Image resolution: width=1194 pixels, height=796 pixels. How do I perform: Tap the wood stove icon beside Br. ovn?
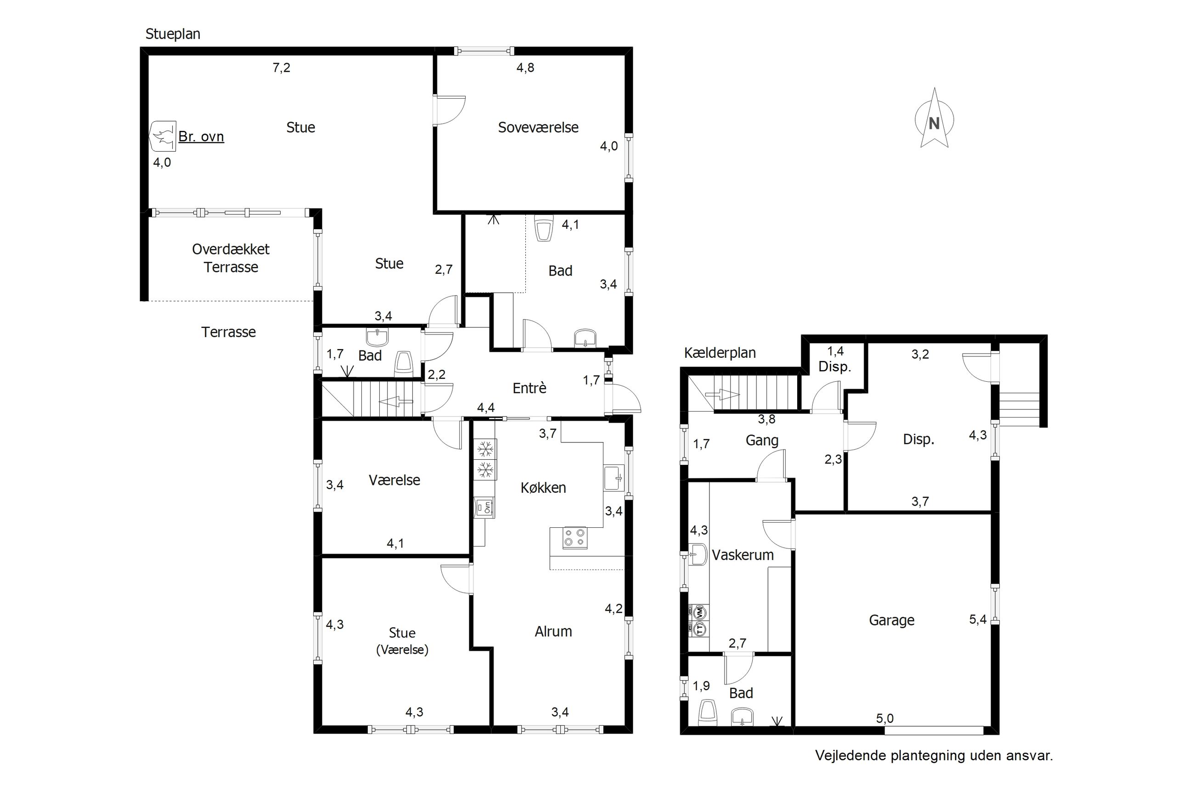[x=163, y=136]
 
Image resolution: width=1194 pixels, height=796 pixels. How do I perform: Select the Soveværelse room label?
[x=538, y=127]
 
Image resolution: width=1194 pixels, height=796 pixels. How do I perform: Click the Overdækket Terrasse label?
[x=231, y=258]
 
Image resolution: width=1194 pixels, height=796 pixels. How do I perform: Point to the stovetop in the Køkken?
[x=575, y=537]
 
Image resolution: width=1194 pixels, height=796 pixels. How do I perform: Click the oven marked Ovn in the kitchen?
[x=484, y=507]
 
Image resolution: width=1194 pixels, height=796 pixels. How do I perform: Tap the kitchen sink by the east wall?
[x=614, y=478]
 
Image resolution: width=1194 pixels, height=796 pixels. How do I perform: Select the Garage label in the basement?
[x=891, y=621]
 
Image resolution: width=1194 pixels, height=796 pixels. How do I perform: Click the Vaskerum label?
[x=743, y=555]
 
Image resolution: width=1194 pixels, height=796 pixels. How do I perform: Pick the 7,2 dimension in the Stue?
[x=281, y=68]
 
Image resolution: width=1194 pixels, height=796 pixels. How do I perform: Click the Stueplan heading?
[x=173, y=34]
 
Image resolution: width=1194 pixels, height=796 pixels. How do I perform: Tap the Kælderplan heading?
[x=720, y=353]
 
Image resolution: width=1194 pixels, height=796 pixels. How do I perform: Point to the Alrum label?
[x=553, y=632]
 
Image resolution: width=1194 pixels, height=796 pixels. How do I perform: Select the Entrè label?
[x=529, y=389]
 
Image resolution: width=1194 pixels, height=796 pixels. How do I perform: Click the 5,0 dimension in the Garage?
[x=884, y=718]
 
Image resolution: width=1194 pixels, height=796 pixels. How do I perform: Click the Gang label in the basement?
[x=762, y=440]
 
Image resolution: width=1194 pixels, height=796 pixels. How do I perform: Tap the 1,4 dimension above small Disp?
[x=835, y=351]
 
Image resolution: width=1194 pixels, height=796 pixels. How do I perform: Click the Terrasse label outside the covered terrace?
[x=228, y=332]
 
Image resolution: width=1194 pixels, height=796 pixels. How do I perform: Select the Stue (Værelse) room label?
[x=402, y=641]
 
